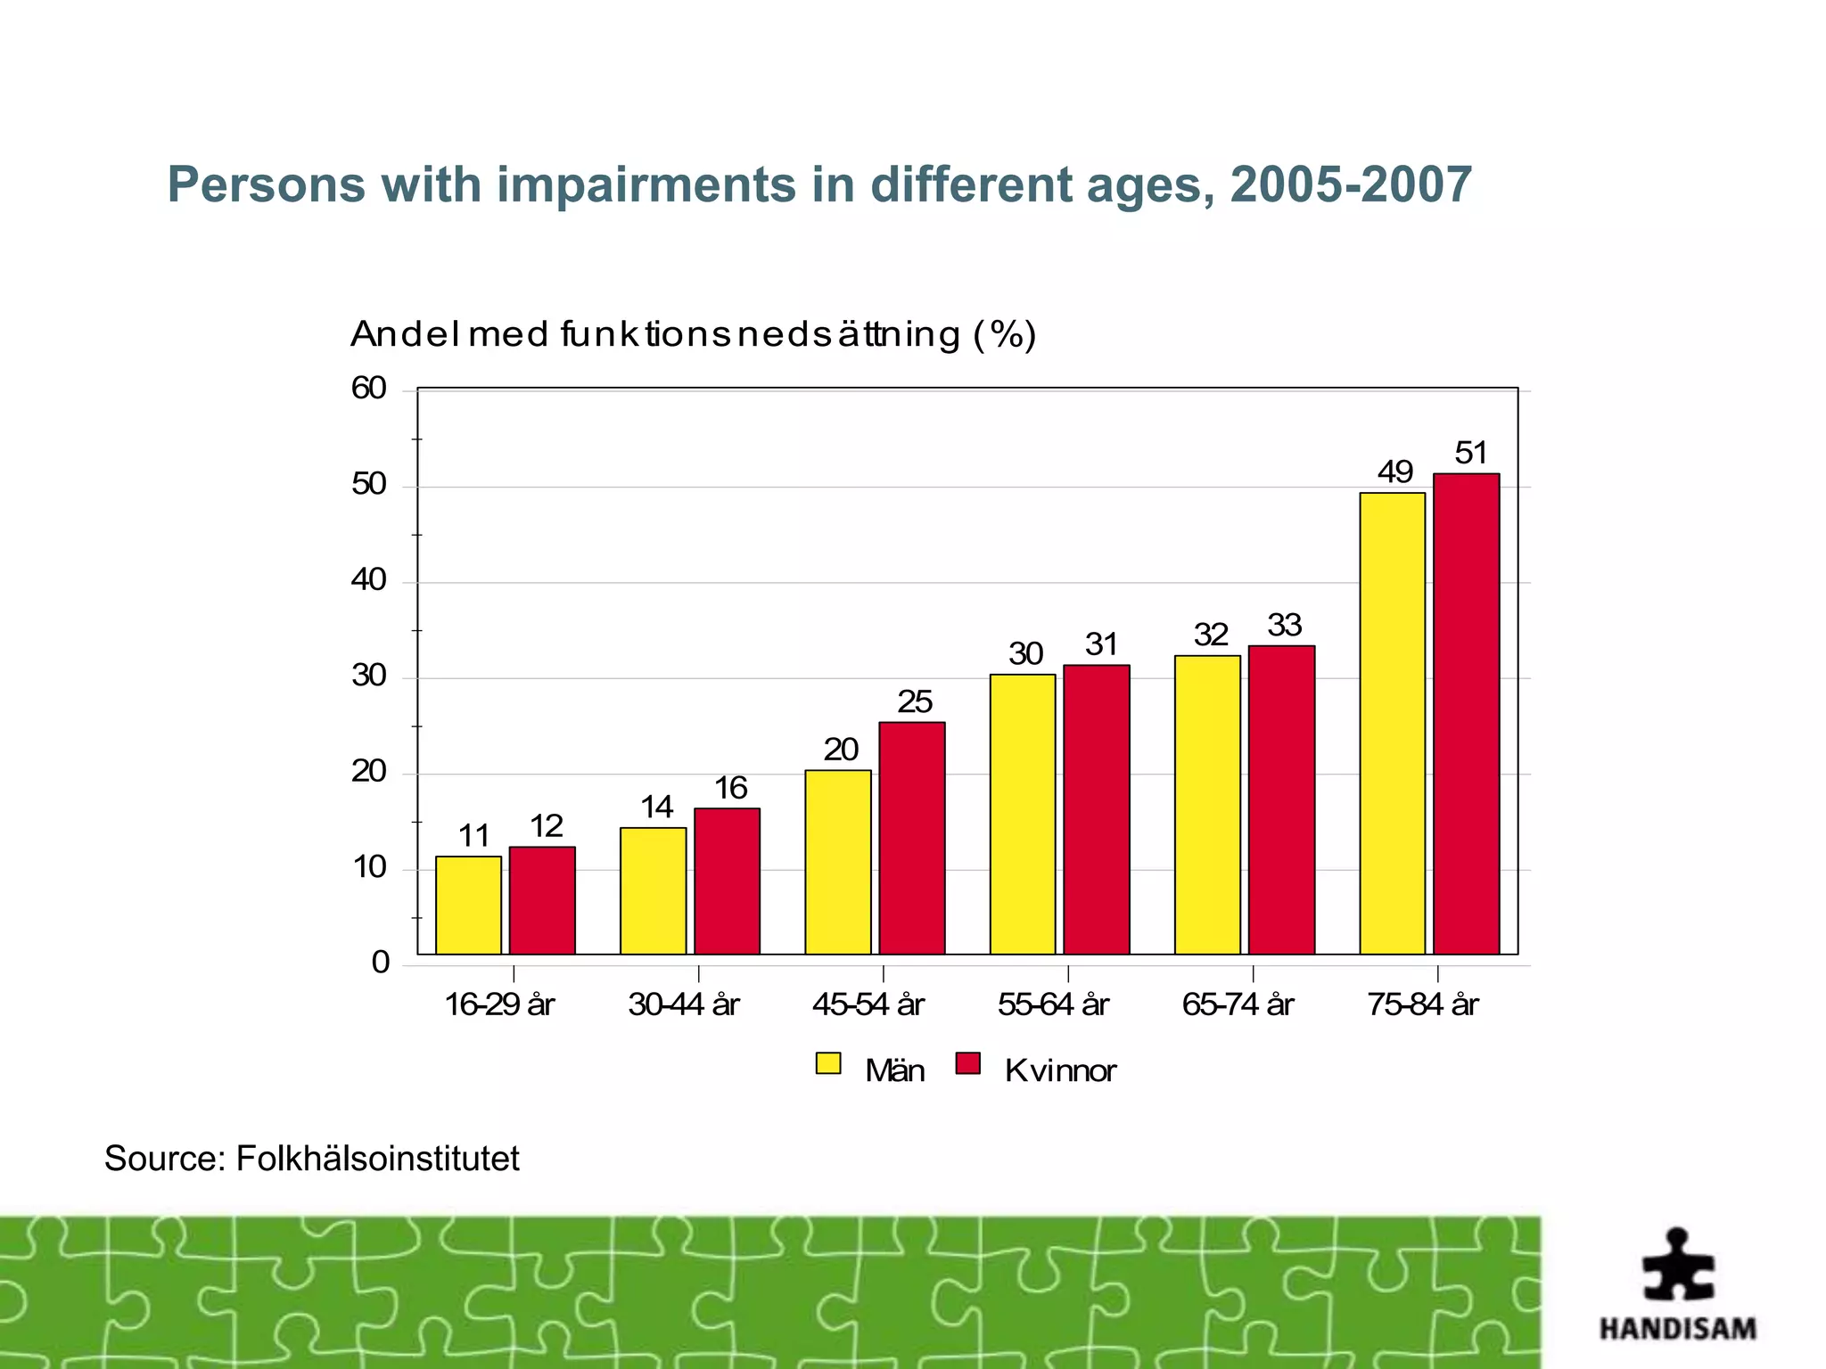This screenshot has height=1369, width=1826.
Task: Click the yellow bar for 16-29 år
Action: [468, 905]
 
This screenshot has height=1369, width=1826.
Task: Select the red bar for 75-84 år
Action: [1466, 713]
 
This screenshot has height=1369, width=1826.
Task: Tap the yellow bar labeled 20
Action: [837, 862]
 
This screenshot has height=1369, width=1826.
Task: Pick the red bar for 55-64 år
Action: [1096, 809]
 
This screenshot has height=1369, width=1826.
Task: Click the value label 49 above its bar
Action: [1394, 471]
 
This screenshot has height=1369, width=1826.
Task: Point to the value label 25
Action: [914, 702]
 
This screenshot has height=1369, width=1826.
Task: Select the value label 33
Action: [1284, 625]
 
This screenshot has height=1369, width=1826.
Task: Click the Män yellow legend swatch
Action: [828, 1063]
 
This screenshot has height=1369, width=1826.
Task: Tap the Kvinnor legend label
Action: [1059, 1070]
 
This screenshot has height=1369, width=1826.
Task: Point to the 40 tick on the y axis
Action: [369, 581]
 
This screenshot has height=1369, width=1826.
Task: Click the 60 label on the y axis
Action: [369, 389]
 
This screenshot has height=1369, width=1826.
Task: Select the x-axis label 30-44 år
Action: [684, 1005]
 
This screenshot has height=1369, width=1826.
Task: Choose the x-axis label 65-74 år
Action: [1238, 1005]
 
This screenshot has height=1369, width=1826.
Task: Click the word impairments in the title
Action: [646, 185]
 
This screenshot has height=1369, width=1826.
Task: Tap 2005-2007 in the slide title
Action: [1350, 185]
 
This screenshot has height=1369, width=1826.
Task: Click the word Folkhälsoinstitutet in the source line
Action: [377, 1159]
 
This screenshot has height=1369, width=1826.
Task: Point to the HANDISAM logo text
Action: [1677, 1329]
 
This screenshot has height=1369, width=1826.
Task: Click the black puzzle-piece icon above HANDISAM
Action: [1678, 1266]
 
